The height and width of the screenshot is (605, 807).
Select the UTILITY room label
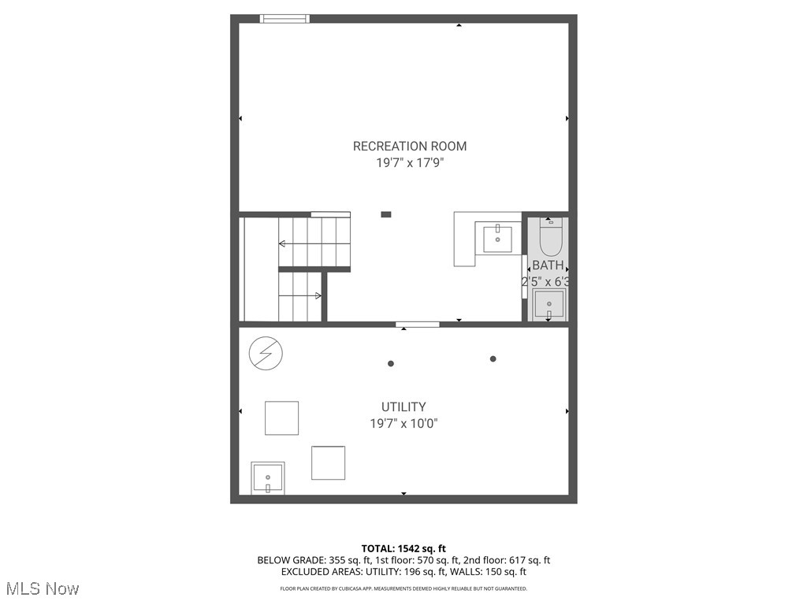(403, 406)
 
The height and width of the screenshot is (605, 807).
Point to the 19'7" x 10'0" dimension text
(403, 424)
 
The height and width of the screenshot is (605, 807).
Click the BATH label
(548, 265)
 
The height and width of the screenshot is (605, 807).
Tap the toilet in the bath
(550, 236)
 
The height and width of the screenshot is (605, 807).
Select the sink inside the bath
(549, 303)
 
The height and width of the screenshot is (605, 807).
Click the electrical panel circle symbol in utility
(265, 354)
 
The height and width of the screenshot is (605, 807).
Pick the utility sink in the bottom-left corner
(268, 478)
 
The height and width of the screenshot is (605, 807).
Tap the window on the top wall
(284, 19)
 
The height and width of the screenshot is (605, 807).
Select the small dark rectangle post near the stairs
(385, 213)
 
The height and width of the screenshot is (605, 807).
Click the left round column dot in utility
(390, 363)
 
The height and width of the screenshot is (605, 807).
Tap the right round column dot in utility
(493, 358)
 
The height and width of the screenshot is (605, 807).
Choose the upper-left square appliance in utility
(281, 418)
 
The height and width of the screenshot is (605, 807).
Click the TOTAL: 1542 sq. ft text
(403, 548)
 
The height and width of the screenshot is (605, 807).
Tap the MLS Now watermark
(42, 588)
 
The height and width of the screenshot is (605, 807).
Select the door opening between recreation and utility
(418, 324)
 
